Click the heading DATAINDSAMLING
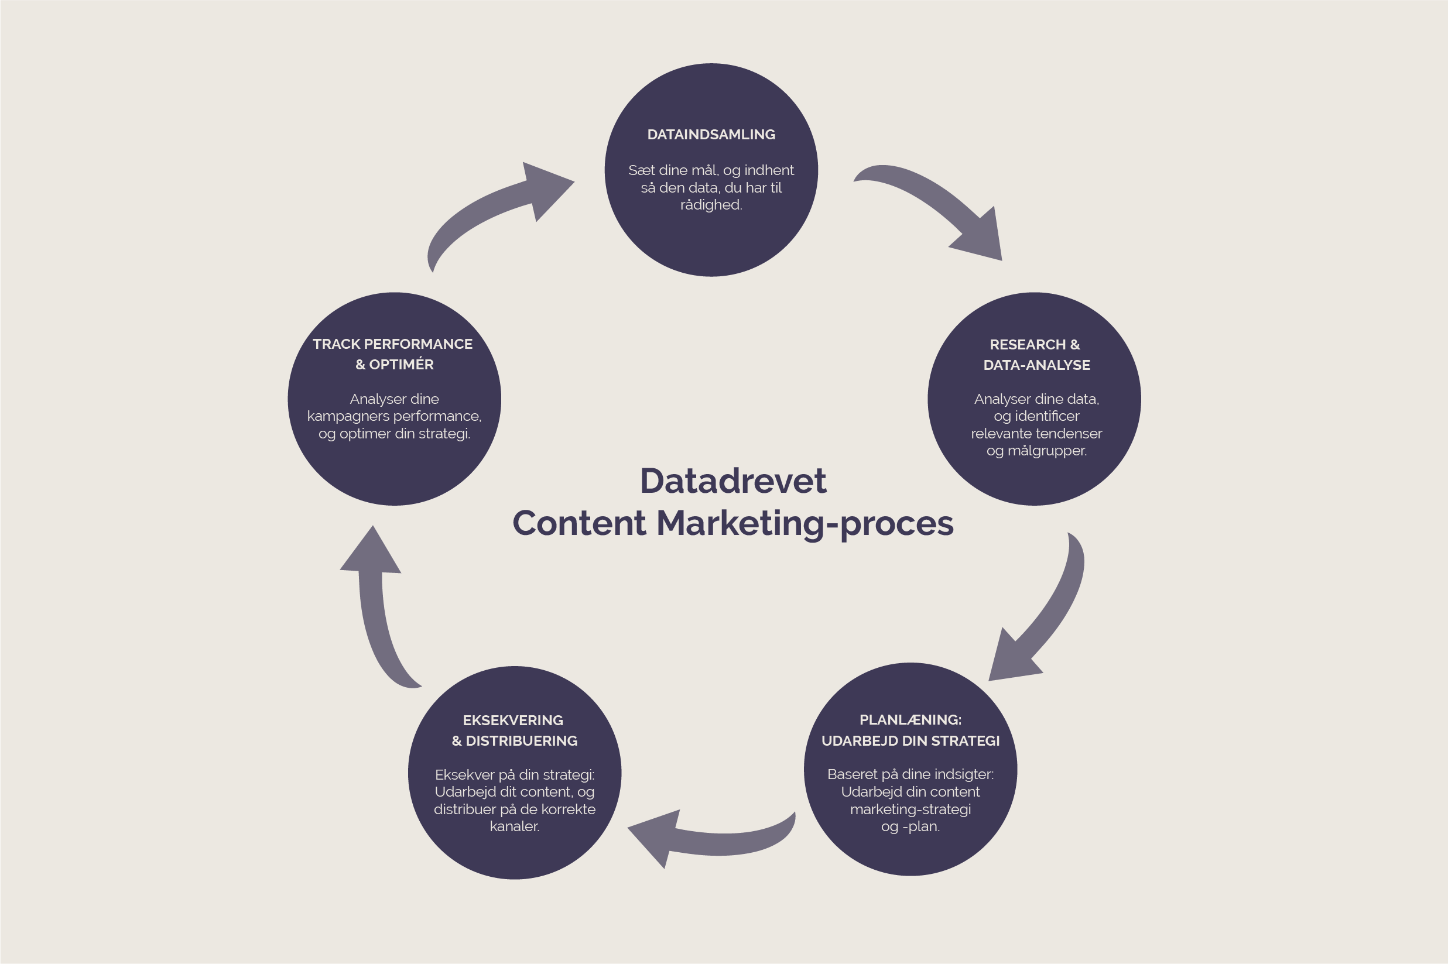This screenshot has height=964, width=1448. click(711, 135)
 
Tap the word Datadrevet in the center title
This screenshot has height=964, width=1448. click(733, 481)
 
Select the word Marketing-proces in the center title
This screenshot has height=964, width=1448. click(805, 524)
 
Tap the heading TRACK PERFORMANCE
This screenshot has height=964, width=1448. click(392, 344)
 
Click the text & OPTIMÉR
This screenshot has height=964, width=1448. click(394, 365)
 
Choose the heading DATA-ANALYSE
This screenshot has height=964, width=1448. click(1036, 365)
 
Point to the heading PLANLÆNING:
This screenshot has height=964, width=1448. click(910, 719)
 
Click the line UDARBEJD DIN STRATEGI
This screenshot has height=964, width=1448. click(910, 741)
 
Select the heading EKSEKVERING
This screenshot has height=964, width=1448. click(513, 720)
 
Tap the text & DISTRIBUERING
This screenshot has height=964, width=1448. click(515, 741)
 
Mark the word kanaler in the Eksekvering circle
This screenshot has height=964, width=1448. click(514, 826)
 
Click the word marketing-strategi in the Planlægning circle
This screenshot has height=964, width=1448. click(910, 809)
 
